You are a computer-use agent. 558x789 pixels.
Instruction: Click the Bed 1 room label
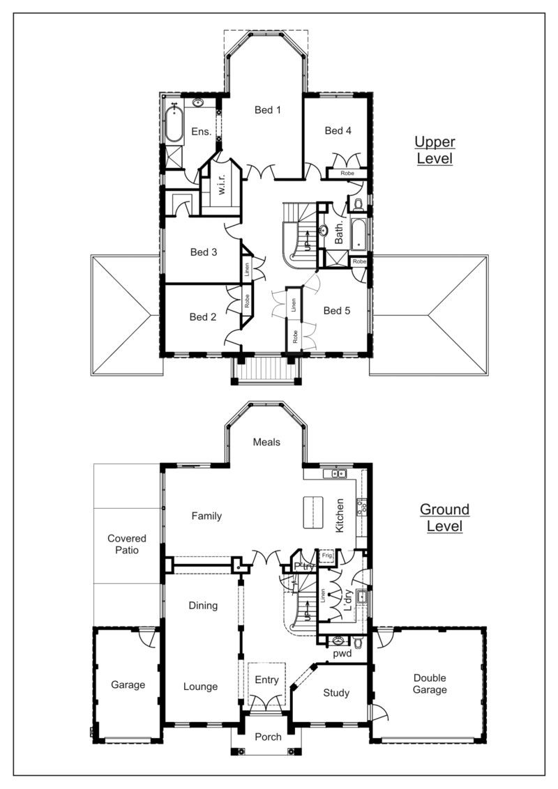(x=267, y=109)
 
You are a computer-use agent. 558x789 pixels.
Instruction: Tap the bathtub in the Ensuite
(x=175, y=123)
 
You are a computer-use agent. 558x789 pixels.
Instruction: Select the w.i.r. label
(x=222, y=182)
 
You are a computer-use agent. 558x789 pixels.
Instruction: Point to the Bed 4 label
(x=338, y=131)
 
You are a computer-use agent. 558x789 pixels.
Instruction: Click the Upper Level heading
(x=435, y=150)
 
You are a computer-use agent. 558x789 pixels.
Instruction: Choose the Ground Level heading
(x=445, y=517)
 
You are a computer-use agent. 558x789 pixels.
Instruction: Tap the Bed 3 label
(x=204, y=252)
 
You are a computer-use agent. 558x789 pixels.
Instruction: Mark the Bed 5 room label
(x=336, y=310)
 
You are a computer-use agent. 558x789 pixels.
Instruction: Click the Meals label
(x=266, y=442)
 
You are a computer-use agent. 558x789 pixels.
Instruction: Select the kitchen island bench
(x=313, y=512)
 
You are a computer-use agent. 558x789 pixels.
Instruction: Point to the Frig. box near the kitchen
(x=327, y=556)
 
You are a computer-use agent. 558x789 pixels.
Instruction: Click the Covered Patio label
(x=127, y=544)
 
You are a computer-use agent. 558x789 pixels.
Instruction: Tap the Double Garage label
(x=430, y=684)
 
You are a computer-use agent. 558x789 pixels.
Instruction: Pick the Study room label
(x=336, y=693)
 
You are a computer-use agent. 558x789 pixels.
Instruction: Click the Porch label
(x=268, y=737)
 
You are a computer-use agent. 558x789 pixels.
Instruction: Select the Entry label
(x=266, y=680)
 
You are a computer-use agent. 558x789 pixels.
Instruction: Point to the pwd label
(x=342, y=654)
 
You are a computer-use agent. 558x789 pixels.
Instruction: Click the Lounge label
(x=200, y=687)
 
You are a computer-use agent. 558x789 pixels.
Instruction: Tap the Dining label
(x=203, y=606)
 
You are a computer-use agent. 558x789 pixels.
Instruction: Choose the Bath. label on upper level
(x=340, y=231)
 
